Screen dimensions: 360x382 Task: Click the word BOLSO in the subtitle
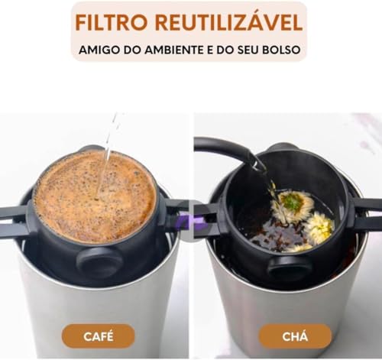click(283, 50)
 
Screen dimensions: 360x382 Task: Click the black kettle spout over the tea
click(256, 161)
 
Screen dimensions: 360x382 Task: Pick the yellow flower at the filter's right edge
click(319, 227)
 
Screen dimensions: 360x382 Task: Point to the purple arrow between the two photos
click(191, 222)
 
